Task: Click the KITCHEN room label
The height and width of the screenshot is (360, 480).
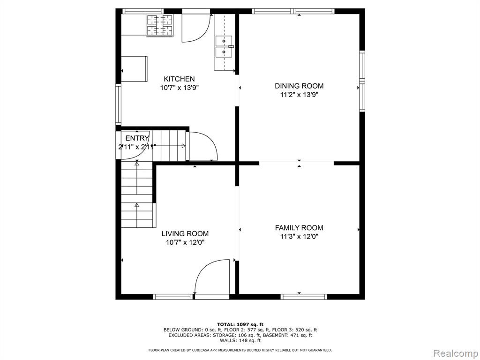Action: (179, 79)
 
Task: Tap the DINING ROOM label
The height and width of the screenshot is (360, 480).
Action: (299, 86)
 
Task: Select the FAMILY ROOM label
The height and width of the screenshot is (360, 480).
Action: (299, 228)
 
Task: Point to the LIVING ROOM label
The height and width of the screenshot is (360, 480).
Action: (185, 234)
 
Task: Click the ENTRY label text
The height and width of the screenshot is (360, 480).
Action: (137, 138)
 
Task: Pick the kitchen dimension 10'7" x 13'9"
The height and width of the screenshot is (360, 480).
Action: (180, 88)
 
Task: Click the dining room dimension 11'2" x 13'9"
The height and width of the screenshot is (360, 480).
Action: (300, 95)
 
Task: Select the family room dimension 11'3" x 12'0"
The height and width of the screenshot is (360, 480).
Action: (300, 237)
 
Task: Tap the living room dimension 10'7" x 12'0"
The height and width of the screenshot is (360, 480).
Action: (185, 243)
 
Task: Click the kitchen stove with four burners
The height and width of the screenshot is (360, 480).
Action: (160, 25)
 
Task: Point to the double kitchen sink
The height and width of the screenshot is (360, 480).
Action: (224, 46)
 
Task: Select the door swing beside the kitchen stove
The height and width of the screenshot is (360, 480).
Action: (196, 28)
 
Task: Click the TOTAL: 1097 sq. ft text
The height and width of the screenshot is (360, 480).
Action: (240, 324)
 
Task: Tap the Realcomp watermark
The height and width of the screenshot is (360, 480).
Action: (455, 352)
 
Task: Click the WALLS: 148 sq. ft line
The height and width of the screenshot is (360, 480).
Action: (240, 340)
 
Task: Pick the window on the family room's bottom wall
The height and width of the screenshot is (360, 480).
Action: (304, 297)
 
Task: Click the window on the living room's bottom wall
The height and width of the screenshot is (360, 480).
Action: (173, 297)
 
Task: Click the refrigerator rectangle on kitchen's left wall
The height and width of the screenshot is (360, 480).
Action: (134, 69)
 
